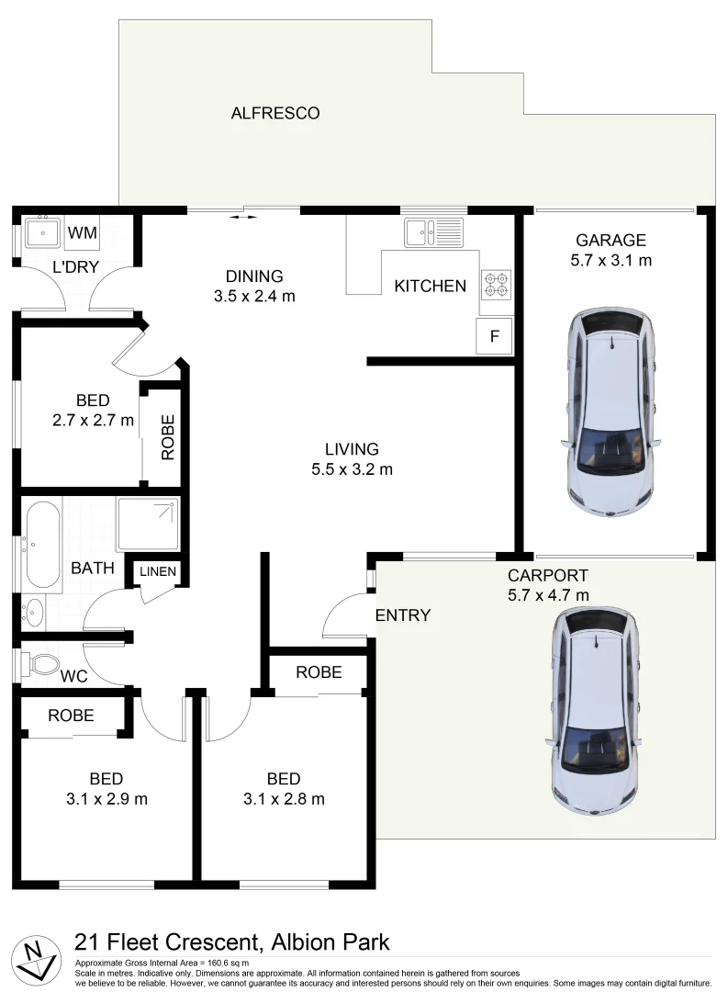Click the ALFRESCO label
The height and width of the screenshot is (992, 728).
(274, 113)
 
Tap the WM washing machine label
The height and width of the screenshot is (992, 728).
(83, 231)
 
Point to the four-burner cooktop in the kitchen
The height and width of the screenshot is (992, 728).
(496, 284)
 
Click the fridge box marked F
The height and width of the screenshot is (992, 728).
(495, 336)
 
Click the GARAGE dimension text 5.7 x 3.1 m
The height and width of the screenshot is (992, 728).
(610, 260)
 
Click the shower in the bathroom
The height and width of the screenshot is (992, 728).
(148, 524)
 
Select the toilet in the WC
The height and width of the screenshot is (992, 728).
(40, 663)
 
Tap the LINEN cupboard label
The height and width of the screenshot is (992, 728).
(157, 571)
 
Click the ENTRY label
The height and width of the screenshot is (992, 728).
(403, 615)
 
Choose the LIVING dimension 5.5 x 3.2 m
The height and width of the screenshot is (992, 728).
(352, 469)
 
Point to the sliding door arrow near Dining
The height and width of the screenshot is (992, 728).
(243, 218)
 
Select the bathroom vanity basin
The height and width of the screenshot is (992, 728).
(35, 610)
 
